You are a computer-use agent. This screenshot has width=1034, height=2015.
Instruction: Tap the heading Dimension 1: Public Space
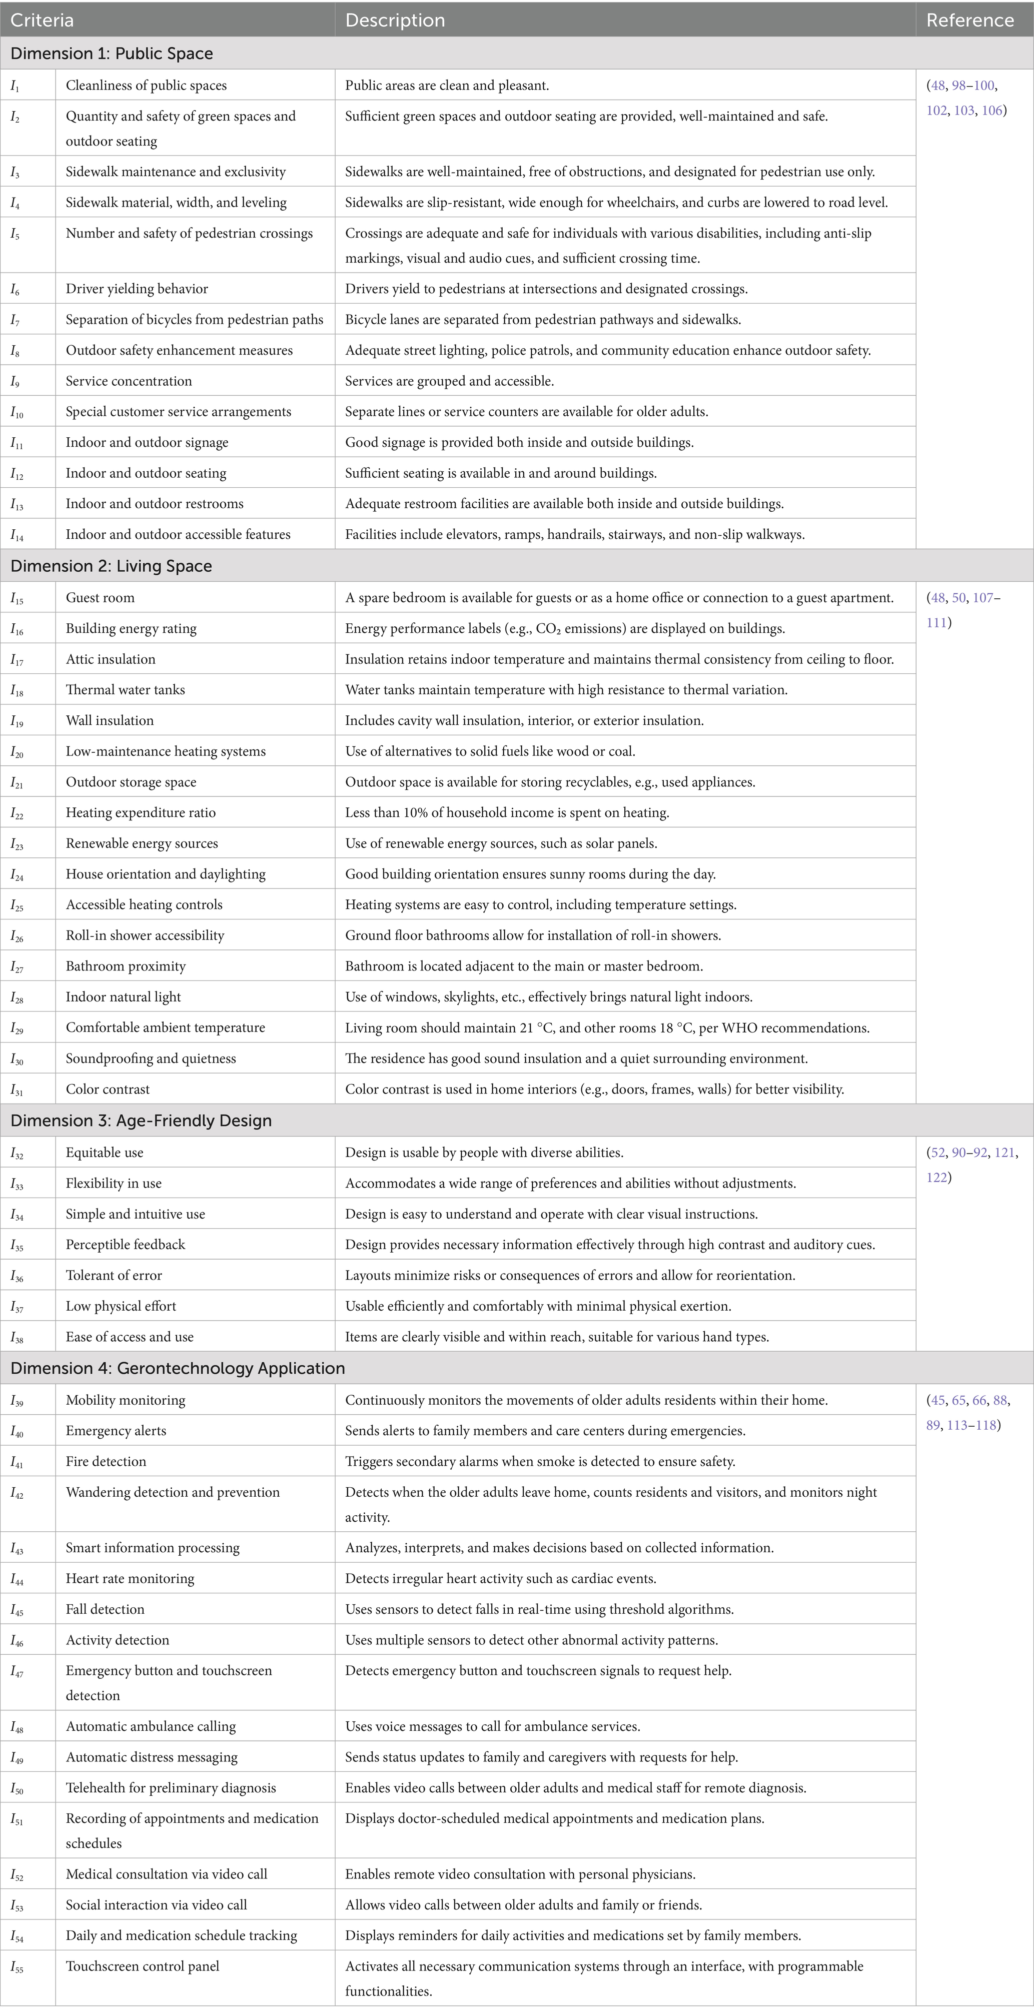tap(112, 53)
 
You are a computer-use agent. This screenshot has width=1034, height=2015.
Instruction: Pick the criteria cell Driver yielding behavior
tap(137, 289)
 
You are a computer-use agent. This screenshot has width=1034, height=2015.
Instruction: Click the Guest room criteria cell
tap(100, 598)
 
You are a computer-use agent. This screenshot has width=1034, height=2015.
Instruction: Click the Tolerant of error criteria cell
tap(114, 1275)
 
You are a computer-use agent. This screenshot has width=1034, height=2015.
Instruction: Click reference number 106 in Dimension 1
tap(992, 110)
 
